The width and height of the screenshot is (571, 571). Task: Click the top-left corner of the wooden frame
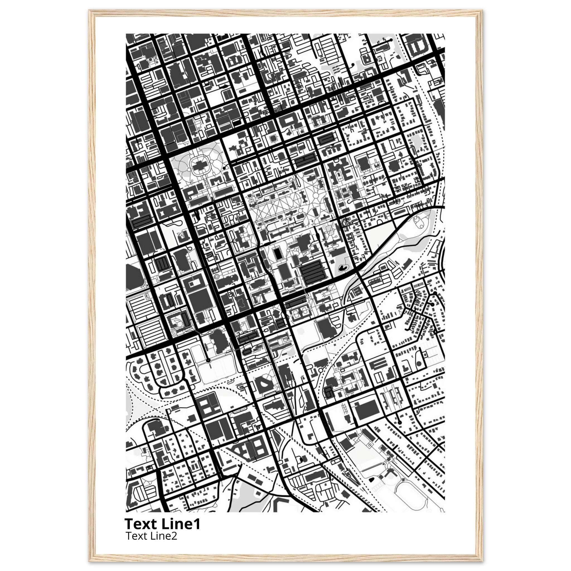pos(90,11)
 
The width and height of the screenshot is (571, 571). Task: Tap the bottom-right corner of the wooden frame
pos(481,560)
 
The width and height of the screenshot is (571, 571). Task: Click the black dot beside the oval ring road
pos(224,168)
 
